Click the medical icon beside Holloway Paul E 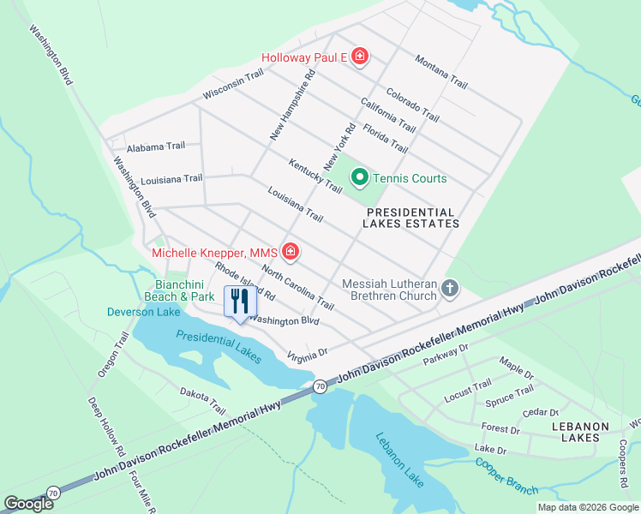pyautogui.click(x=360, y=57)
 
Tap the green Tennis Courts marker pyautogui.click(x=360, y=178)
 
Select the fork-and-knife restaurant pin pyautogui.click(x=239, y=302)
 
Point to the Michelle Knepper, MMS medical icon pyautogui.click(x=291, y=252)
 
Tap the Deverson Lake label pyautogui.click(x=143, y=312)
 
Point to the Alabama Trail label pyautogui.click(x=155, y=146)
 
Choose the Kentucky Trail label pyautogui.click(x=315, y=175)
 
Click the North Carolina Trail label pyautogui.click(x=297, y=287)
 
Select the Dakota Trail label pyautogui.click(x=202, y=399)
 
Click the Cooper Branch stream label pyautogui.click(x=506, y=476)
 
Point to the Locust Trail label pyautogui.click(x=468, y=391)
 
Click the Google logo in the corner pyautogui.click(x=29, y=504)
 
